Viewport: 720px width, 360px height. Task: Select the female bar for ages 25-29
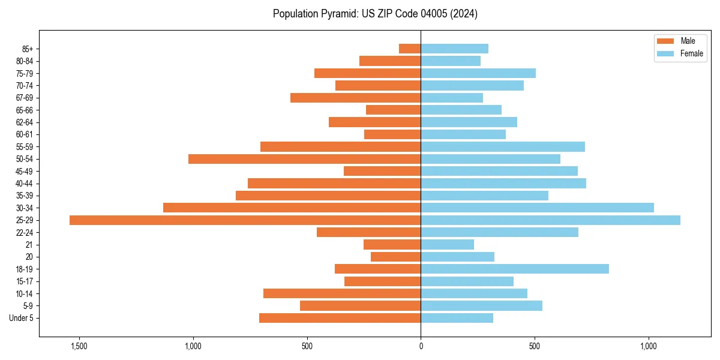[550, 220]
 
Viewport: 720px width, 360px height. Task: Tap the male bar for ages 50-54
[304, 159]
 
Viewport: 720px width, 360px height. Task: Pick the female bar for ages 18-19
[515, 269]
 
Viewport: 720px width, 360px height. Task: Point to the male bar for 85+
[410, 49]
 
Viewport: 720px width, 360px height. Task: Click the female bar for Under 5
[457, 318]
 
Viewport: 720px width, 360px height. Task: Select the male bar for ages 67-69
[355, 98]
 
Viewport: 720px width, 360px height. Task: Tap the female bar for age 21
[447, 245]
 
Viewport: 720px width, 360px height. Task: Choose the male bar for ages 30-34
[292, 208]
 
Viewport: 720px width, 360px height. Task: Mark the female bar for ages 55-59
[503, 146]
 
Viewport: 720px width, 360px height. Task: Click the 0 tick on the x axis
[421, 346]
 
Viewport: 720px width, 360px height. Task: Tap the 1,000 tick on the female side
[649, 346]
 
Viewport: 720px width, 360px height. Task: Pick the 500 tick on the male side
[307, 346]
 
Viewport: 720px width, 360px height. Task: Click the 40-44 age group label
[25, 184]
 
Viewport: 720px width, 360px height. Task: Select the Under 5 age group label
[22, 318]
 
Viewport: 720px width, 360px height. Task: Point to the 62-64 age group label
[25, 122]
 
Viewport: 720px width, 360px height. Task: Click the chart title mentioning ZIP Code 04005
[375, 14]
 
